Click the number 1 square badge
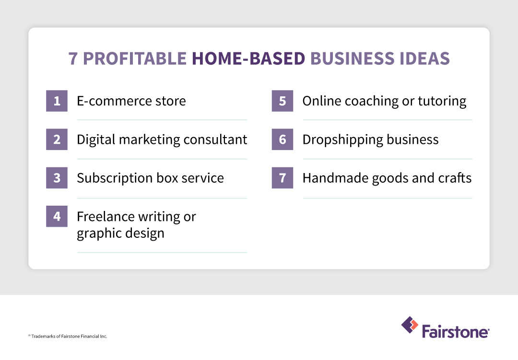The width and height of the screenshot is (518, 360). (57, 101)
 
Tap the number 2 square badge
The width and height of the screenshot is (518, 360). (57, 139)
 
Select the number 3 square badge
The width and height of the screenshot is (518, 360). (57, 178)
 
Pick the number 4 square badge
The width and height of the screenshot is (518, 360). (57, 216)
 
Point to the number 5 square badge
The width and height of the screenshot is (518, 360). (282, 101)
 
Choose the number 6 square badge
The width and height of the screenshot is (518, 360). (282, 139)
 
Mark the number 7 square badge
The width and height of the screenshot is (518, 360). (282, 178)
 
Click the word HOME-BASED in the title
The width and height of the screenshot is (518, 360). (248, 58)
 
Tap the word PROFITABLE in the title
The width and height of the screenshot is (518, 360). (134, 58)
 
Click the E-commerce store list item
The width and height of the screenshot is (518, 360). (131, 101)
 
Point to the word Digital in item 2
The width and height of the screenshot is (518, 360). (96, 139)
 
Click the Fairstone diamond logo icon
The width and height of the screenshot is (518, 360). (410, 325)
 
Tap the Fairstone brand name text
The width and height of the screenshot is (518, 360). (456, 331)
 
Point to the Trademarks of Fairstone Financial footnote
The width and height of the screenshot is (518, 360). (68, 337)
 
